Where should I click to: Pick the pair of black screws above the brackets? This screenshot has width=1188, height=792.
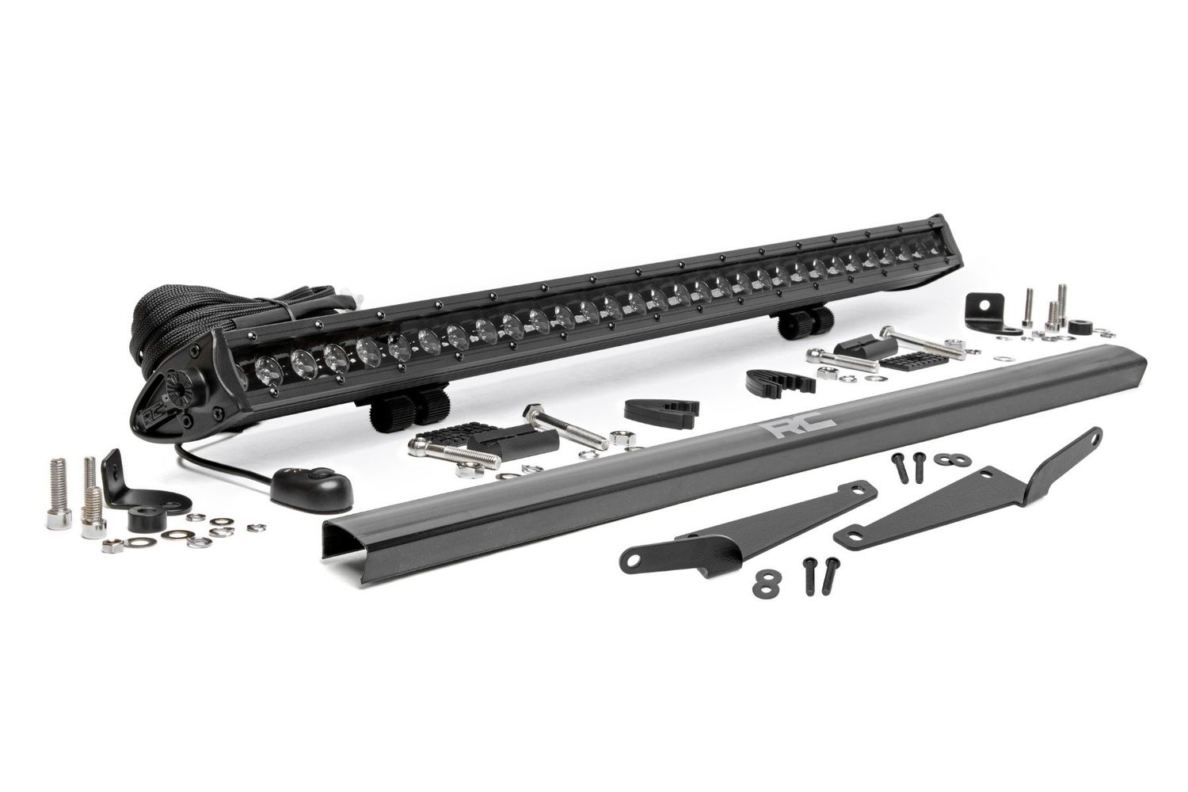pyautogui.click(x=908, y=466)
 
